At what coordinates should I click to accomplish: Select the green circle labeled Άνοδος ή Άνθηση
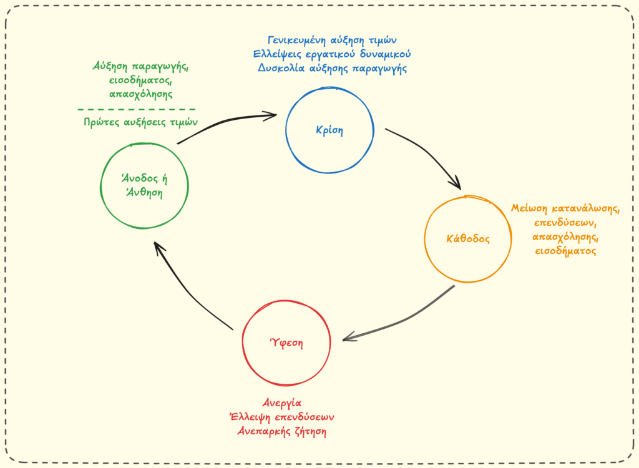tap(144, 186)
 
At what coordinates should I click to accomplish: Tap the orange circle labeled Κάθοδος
tap(468, 238)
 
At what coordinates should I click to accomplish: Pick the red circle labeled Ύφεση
tap(286, 343)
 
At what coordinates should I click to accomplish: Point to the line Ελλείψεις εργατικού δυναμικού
tap(328, 54)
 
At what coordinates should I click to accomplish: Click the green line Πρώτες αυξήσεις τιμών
tap(140, 122)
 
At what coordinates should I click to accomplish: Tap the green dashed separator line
tap(137, 109)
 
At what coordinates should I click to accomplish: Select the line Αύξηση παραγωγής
tap(140, 66)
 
